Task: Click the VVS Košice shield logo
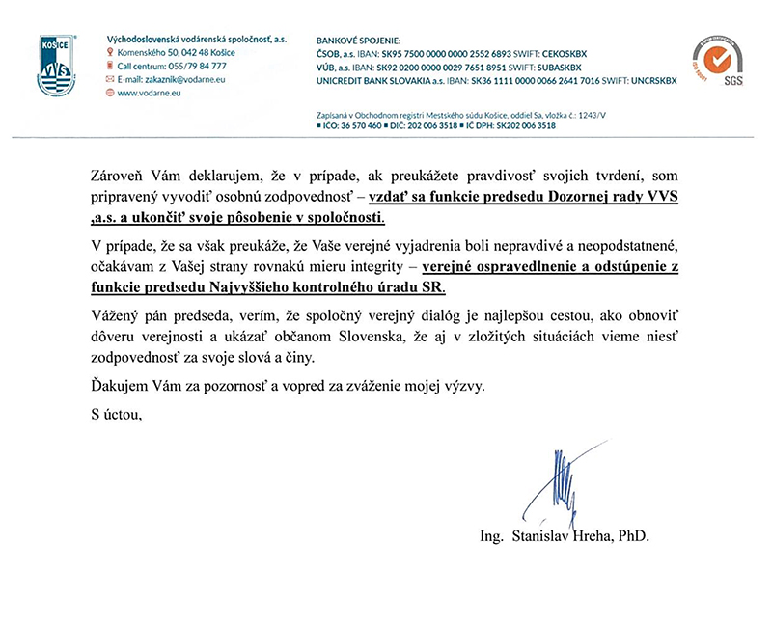coord(56,65)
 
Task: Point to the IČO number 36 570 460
coord(354,125)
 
